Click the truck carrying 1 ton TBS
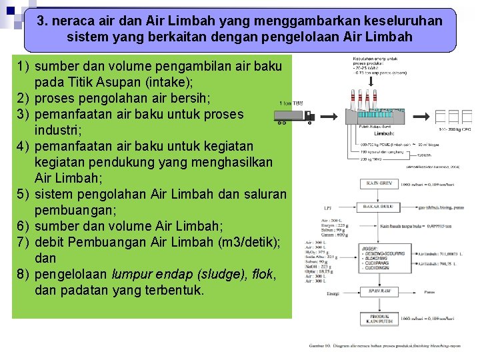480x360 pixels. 294,117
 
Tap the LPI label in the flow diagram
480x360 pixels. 327,207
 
